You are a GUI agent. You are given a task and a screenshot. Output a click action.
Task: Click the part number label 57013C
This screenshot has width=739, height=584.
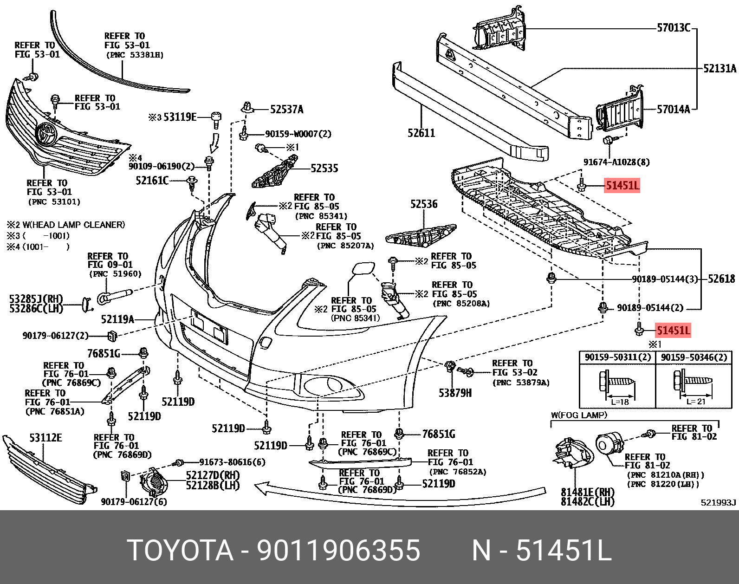point(674,28)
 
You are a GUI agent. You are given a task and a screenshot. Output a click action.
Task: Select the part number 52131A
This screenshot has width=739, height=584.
point(720,69)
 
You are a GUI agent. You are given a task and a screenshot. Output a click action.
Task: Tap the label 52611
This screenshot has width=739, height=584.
point(421,133)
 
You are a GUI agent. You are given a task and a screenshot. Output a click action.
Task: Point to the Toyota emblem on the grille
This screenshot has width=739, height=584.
point(47,134)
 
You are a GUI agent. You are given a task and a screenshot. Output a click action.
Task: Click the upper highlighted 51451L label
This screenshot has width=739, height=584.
point(622,186)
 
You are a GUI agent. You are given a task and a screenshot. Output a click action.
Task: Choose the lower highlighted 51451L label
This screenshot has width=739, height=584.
point(673,331)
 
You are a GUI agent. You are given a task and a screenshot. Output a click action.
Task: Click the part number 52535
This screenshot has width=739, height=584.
point(324,169)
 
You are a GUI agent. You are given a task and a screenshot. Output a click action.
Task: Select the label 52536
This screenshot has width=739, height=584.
point(424,204)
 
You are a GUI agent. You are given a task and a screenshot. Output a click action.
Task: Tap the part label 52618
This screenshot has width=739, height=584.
point(721,279)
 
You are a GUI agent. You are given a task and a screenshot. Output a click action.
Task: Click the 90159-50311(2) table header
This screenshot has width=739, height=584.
point(617,357)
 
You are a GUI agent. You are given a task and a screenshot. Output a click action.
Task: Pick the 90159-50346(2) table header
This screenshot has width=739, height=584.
point(694,357)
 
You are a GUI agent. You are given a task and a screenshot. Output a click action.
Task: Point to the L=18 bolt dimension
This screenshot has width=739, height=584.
point(620,402)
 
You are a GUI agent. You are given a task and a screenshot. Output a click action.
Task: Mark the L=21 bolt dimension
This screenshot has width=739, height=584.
point(695,402)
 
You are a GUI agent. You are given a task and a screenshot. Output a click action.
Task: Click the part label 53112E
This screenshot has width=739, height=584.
point(45,438)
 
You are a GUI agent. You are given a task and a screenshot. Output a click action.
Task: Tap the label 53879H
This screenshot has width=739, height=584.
point(455,393)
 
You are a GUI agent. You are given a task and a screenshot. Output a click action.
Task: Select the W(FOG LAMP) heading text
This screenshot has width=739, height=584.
point(579,415)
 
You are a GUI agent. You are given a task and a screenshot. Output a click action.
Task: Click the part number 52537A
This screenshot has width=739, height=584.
point(286,110)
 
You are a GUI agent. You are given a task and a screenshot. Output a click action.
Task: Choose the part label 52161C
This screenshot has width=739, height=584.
point(152,181)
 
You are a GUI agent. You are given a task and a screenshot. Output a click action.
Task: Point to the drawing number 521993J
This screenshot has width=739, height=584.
point(718,502)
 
